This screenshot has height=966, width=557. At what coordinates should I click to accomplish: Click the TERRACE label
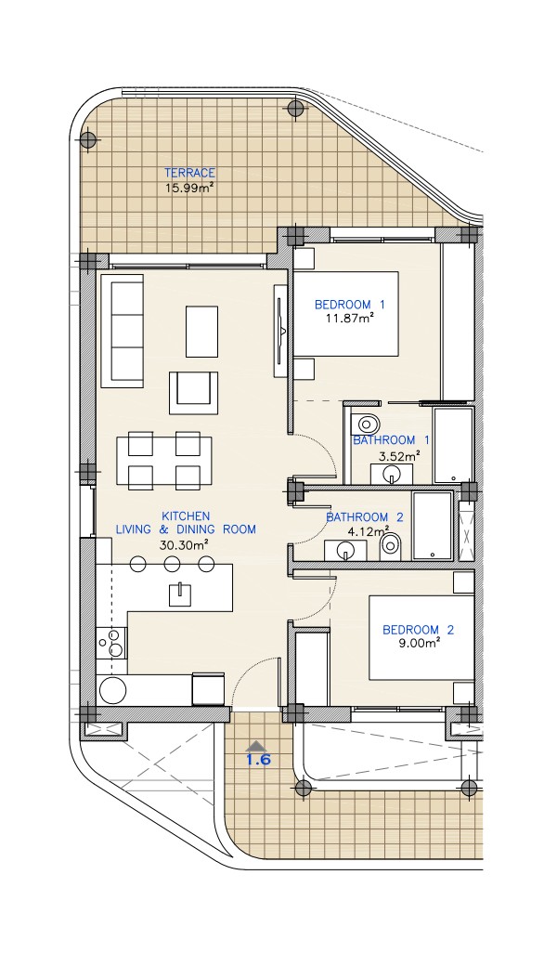pos(189,173)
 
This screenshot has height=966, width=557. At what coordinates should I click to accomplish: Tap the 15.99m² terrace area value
pos(189,188)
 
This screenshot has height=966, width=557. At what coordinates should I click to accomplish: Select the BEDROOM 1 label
pos(350,305)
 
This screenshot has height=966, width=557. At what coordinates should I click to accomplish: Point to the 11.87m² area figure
pos(350,319)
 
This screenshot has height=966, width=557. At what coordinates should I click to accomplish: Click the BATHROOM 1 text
pos(391,440)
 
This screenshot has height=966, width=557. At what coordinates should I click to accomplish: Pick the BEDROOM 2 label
pos(418,630)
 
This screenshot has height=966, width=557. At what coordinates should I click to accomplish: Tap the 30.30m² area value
pos(184,545)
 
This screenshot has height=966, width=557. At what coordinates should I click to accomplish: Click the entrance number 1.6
pos(258,760)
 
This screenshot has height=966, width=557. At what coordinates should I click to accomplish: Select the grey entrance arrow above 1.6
pos(258,745)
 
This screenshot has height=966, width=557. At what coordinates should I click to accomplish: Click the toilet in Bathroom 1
pos(365,424)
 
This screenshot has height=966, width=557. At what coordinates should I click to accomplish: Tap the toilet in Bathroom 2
pos(390,544)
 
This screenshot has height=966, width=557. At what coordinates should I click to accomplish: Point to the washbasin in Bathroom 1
pos(391,475)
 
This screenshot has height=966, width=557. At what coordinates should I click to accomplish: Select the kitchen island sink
pos(180,594)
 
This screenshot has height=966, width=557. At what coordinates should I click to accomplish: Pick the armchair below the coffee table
pos(194,392)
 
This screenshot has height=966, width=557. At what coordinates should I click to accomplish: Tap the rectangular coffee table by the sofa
pos(201,331)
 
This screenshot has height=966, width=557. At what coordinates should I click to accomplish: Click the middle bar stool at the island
pos(173,563)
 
